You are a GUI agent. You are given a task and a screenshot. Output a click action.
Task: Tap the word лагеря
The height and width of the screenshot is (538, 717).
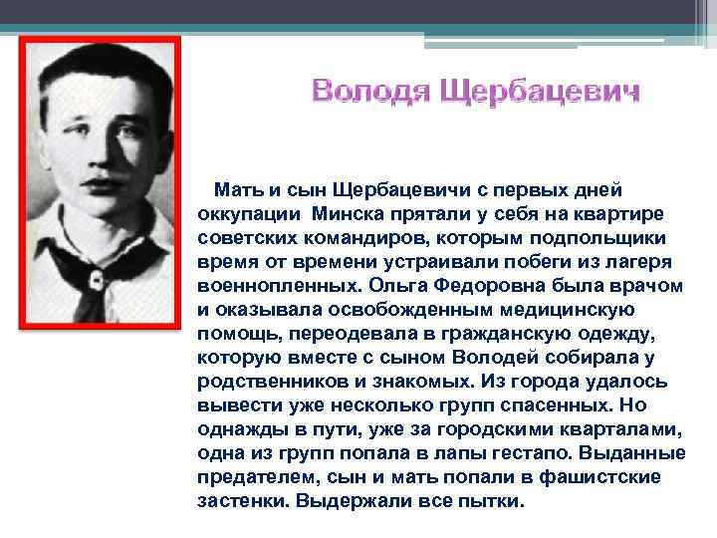click(640, 259)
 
